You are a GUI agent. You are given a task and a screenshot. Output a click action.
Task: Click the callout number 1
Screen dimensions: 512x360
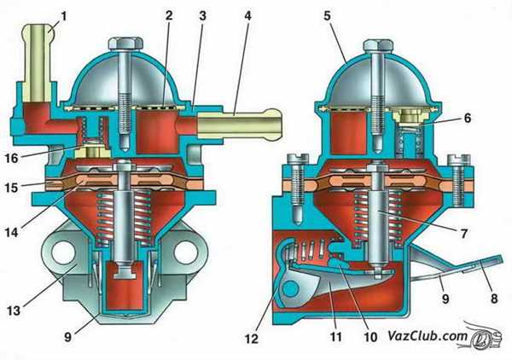pyautogui.click(x=64, y=16)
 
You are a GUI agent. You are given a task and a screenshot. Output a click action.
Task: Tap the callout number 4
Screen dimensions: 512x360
pyautogui.click(x=248, y=15)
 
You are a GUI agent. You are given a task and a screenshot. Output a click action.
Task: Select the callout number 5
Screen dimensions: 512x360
pyautogui.click(x=328, y=15)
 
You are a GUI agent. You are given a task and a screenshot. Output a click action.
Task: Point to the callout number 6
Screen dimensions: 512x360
pyautogui.click(x=468, y=118)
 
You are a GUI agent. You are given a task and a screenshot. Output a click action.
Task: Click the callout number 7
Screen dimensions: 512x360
pyautogui.click(x=464, y=234)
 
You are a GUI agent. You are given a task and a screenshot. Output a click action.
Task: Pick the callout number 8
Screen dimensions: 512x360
pyautogui.click(x=494, y=298)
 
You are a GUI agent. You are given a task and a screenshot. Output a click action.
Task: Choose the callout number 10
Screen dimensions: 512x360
pyautogui.click(x=370, y=336)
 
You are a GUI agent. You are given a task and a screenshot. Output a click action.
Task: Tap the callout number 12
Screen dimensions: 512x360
pyautogui.click(x=252, y=339)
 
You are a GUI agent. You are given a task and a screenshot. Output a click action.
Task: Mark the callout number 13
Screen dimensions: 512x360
pyautogui.click(x=14, y=311)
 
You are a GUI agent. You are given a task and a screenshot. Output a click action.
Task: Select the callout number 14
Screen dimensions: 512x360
pyautogui.click(x=11, y=232)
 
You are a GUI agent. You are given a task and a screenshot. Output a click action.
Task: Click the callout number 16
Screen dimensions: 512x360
pyautogui.click(x=11, y=158)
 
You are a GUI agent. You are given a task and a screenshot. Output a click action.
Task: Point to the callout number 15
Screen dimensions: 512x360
pyautogui.click(x=11, y=188)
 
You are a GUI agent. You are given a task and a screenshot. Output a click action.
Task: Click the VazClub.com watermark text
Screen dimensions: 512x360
pyautogui.click(x=428, y=335)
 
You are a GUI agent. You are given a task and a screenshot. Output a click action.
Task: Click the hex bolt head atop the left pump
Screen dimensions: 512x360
pyautogui.click(x=125, y=44)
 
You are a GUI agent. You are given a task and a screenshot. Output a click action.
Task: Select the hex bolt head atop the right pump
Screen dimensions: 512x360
pyautogui.click(x=379, y=46)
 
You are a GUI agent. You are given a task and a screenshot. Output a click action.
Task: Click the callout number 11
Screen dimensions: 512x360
pyautogui.click(x=336, y=336)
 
